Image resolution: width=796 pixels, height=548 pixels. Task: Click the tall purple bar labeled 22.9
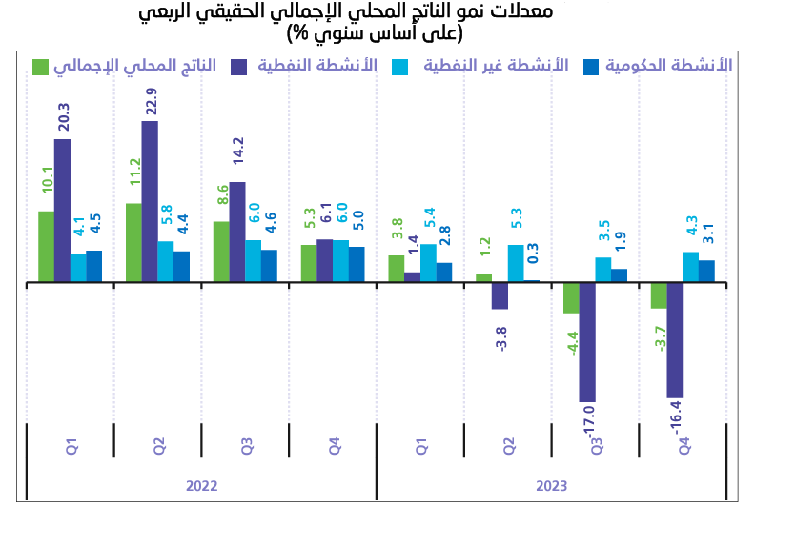(x=150, y=201)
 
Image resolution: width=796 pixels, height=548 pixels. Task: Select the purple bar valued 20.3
(x=62, y=211)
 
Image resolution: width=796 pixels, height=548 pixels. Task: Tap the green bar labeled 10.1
(x=46, y=247)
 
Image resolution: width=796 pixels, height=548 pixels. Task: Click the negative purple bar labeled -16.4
(x=675, y=339)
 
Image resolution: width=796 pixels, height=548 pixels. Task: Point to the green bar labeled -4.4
(x=571, y=297)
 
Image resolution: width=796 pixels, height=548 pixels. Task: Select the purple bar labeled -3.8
(x=500, y=295)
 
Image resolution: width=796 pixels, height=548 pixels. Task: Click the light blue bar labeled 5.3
(x=516, y=263)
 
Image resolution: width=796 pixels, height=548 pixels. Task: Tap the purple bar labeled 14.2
(x=237, y=232)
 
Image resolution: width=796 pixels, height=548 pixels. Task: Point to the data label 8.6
(x=222, y=196)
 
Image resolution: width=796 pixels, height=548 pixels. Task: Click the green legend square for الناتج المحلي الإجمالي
(x=41, y=66)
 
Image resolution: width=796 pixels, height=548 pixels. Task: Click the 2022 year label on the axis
(x=201, y=486)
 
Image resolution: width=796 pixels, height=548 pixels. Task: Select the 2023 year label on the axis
(x=552, y=486)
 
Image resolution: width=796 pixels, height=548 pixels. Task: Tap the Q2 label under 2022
(x=159, y=445)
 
